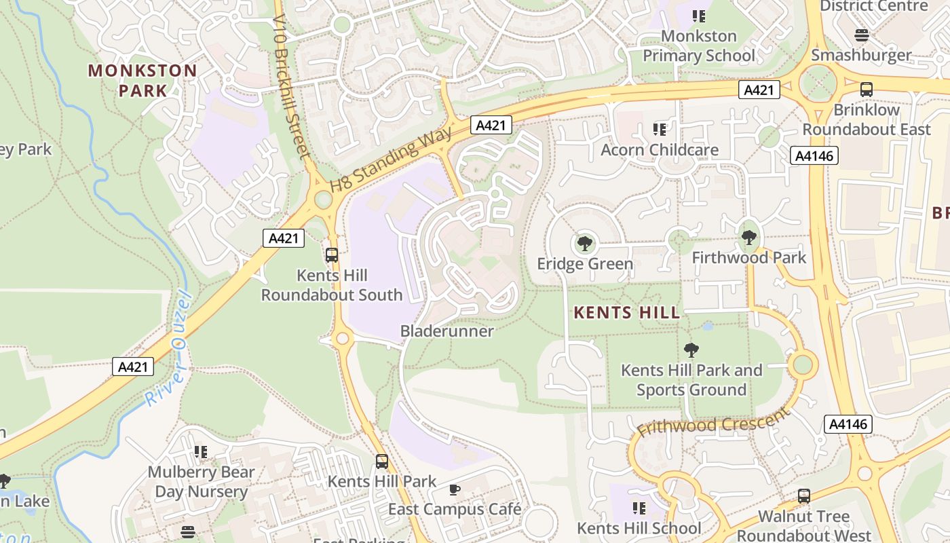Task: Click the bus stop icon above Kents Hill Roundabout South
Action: tap(332, 255)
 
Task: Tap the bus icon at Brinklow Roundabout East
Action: tap(867, 89)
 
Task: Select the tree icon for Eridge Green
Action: tap(584, 243)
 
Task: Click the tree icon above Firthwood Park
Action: tap(749, 238)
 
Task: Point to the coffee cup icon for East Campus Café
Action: tap(455, 489)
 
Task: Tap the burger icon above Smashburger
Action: tap(862, 35)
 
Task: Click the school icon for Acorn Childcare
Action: tap(660, 129)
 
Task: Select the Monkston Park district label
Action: tap(142, 80)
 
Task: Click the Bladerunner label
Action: tap(447, 331)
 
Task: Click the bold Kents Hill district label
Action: tap(626, 312)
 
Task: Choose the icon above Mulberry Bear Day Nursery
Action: tap(201, 451)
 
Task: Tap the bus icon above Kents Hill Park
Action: tap(382, 462)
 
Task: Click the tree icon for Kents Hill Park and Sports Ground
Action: tap(691, 350)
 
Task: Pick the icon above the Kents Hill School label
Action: tap(639, 508)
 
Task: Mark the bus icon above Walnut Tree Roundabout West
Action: tap(804, 496)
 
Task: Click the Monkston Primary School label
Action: tap(699, 45)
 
